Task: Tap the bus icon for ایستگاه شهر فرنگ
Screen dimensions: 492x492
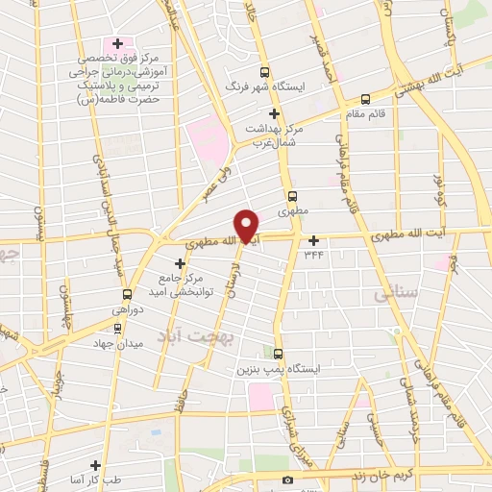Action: pos(268,72)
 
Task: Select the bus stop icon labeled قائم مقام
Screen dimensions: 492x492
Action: pos(365,98)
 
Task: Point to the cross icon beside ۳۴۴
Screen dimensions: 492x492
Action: pos(313,240)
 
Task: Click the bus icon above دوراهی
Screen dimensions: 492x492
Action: pos(127,294)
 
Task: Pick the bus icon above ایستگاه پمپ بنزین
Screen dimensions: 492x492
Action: pos(278,353)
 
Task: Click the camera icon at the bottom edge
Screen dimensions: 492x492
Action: pos(286,480)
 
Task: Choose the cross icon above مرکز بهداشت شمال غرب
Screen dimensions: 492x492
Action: pos(275,113)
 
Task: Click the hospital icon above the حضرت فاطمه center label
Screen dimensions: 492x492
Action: pos(118,43)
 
